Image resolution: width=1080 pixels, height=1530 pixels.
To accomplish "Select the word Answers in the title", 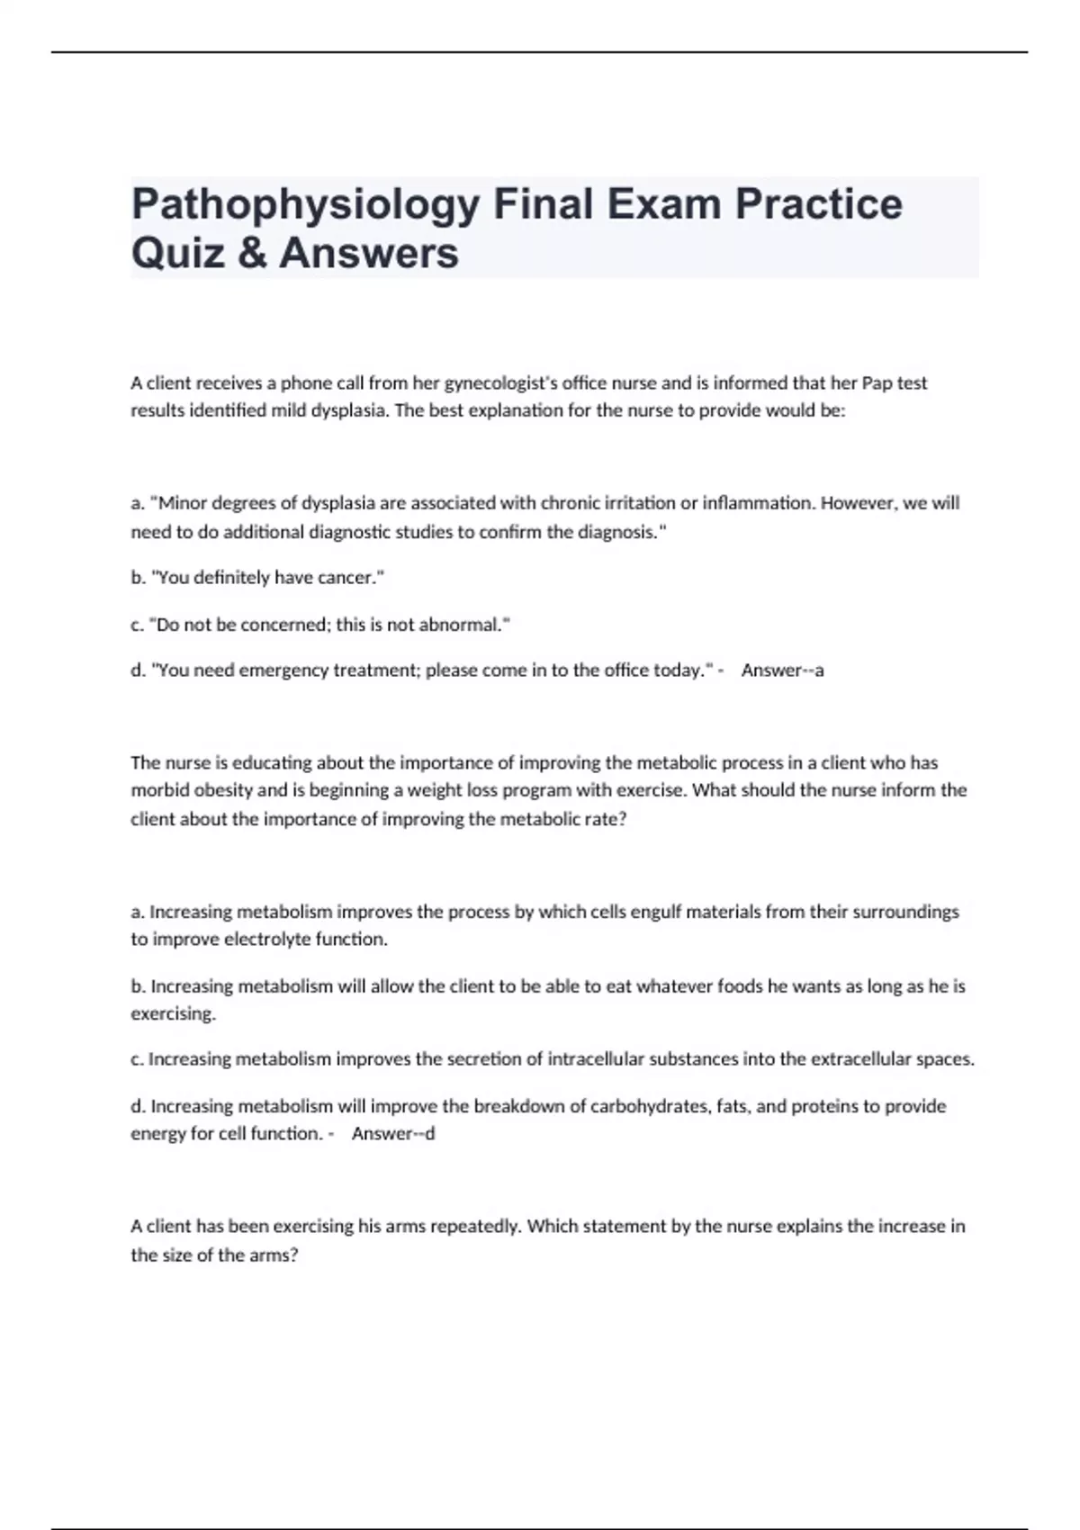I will pyautogui.click(x=369, y=253).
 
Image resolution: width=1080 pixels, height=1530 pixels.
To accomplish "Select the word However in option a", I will pyautogui.click(x=858, y=503).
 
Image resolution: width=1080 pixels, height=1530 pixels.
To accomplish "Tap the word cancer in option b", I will pyautogui.click(x=352, y=578).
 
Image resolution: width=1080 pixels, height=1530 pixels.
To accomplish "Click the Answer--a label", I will pyautogui.click(x=782, y=670).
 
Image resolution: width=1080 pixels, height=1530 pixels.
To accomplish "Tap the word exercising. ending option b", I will pyautogui.click(x=174, y=1014).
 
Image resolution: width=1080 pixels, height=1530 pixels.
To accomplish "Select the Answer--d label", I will pyautogui.click(x=392, y=1134).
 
